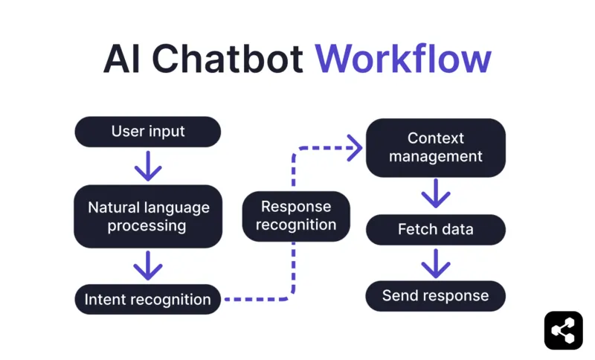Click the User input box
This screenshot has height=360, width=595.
148,132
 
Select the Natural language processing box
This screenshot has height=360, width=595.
148,216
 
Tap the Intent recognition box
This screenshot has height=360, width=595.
148,300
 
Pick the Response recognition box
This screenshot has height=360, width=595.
296,216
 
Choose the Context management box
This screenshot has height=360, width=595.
435,147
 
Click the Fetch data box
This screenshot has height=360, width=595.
435,229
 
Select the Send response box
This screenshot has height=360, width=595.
435,296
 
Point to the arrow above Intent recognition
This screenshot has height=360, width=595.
148,266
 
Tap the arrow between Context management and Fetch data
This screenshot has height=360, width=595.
435,196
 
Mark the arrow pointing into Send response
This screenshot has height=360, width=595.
435,263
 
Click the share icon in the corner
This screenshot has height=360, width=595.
563,330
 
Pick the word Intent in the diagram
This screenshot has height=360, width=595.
106,300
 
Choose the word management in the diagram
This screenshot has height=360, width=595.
435,157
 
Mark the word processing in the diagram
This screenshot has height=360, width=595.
148,226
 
